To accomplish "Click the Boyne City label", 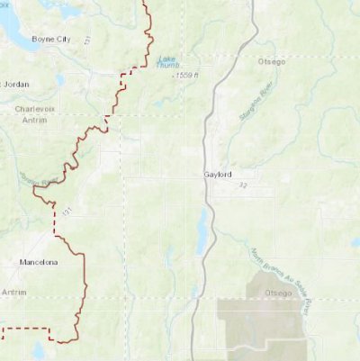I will coord(51,39).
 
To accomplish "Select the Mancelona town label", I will coord(38,262).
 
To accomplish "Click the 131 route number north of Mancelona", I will coord(66,211).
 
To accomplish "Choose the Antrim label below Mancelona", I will coord(14,293).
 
